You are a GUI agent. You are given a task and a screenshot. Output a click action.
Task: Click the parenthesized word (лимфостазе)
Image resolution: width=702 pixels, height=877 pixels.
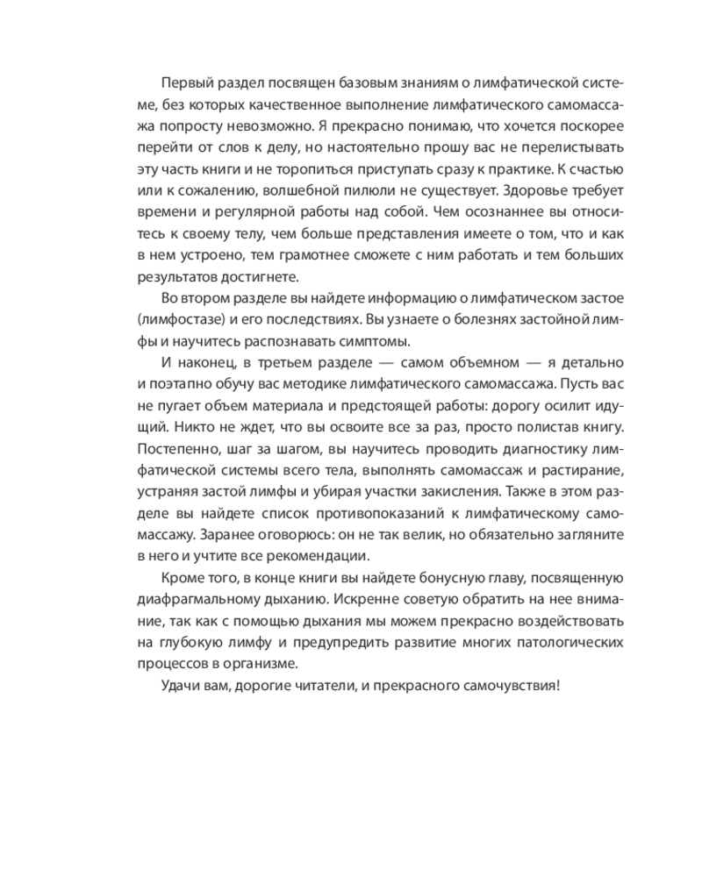181,320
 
